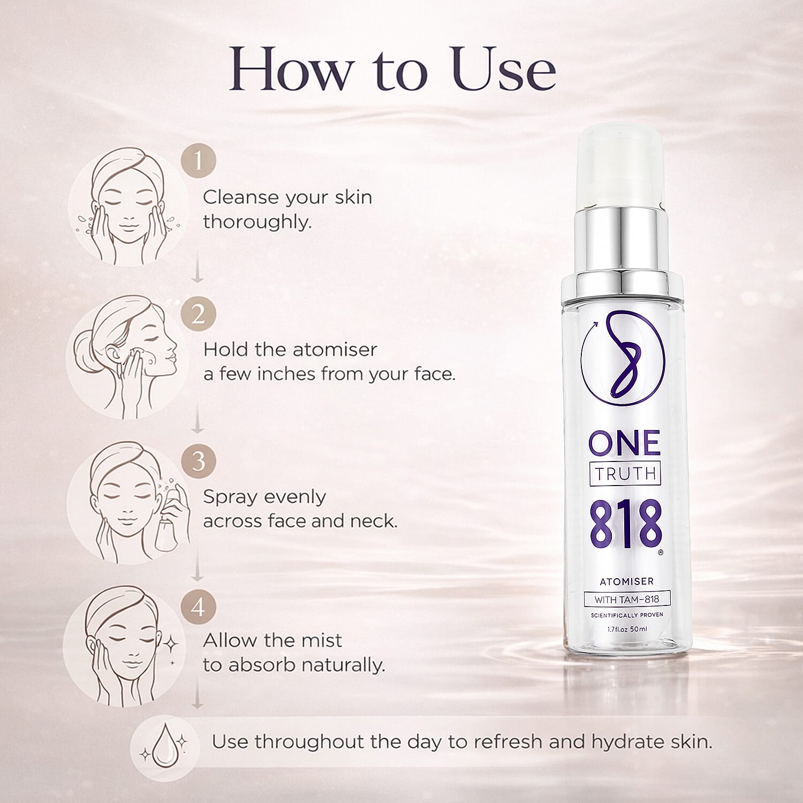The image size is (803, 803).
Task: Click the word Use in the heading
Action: click(503, 70)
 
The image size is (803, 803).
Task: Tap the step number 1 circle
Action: click(198, 161)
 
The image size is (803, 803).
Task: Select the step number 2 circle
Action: click(198, 314)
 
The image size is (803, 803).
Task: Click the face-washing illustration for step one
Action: click(128, 206)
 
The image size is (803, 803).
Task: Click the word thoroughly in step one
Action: click(256, 222)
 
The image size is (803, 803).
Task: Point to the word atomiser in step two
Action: click(335, 350)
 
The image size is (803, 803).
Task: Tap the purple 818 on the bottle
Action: click(625, 525)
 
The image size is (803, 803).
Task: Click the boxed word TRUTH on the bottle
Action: click(625, 473)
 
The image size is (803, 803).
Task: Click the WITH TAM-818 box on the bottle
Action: click(626, 600)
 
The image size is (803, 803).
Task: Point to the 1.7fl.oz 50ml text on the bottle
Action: click(627, 629)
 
